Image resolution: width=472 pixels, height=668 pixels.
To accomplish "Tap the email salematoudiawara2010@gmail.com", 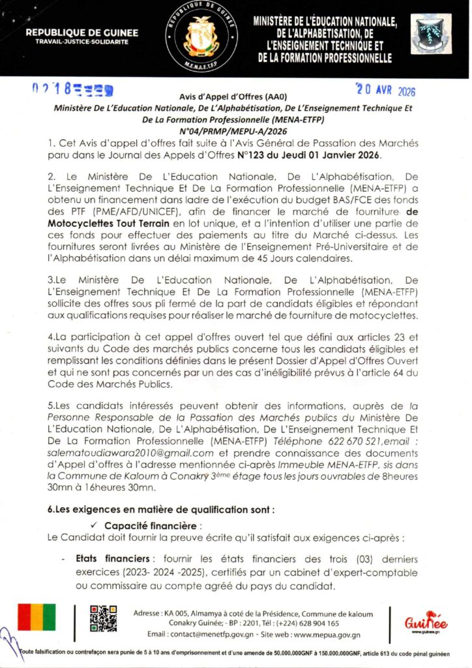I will click(x=131, y=453).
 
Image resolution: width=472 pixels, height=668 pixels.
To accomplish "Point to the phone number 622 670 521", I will click(x=351, y=442).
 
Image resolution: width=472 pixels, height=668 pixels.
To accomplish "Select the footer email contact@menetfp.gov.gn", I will click(x=210, y=634).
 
